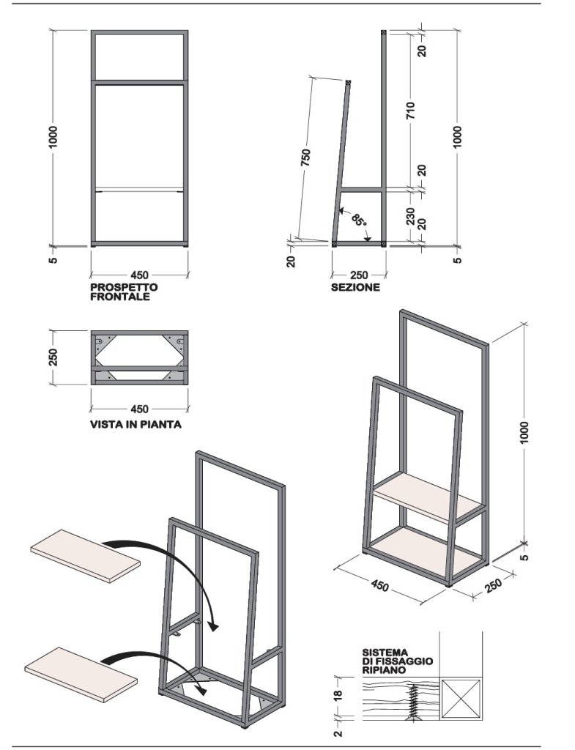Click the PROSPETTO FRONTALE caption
pos(123,292)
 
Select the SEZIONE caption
pos(355,288)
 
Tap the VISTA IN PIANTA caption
pos(136,424)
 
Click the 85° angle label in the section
pos(358,220)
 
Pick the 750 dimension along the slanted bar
pos(306,158)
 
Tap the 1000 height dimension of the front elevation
pos(53,138)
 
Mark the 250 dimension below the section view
pos(359,275)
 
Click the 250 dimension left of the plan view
pos(53,358)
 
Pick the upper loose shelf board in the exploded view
pos(86,556)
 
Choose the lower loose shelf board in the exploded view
pos(80,672)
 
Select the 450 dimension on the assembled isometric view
pos(380,587)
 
